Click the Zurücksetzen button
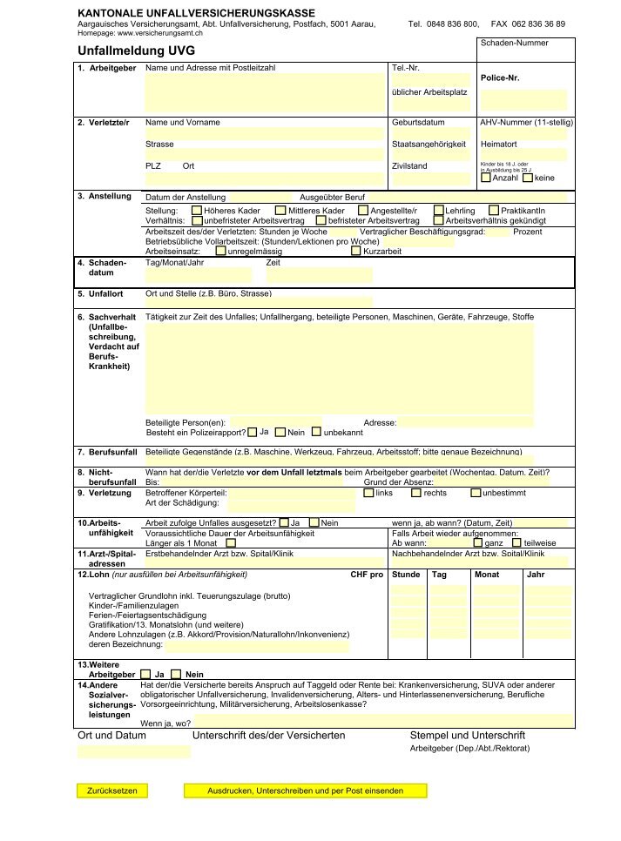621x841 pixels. [x=112, y=791]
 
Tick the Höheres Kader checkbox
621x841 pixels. [x=196, y=211]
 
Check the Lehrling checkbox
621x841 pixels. [x=437, y=211]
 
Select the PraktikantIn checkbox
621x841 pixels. [x=494, y=211]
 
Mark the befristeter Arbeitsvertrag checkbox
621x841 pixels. [x=321, y=221]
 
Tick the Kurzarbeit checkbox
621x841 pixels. [x=355, y=251]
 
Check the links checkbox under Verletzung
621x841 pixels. [x=368, y=493]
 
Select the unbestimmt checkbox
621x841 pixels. [x=475, y=493]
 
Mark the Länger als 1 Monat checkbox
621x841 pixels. [x=231, y=542]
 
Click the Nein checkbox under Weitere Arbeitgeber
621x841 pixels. [x=176, y=674]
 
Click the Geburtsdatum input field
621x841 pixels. [x=430, y=134]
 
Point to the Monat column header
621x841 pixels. [x=486, y=575]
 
